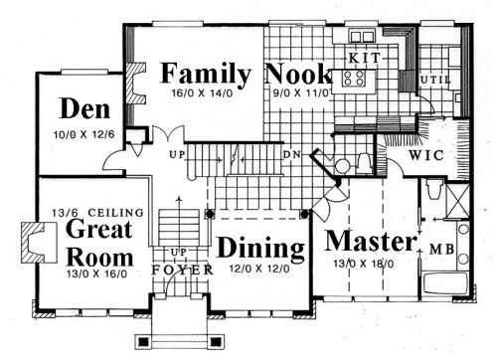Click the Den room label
(x=84, y=108)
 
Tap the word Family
(x=206, y=75)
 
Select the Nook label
(x=298, y=74)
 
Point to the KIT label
(x=364, y=58)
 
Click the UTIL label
(x=435, y=80)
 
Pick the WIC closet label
(x=426, y=155)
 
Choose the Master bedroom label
(x=371, y=241)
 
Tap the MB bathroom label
(x=442, y=250)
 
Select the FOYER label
(x=183, y=270)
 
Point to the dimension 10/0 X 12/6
(x=84, y=134)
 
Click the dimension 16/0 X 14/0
(x=202, y=92)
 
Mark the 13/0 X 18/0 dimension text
(x=364, y=264)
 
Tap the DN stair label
(x=292, y=154)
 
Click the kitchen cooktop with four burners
(x=354, y=78)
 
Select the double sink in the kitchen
(x=362, y=36)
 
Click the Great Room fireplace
(x=39, y=243)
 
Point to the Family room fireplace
(x=135, y=84)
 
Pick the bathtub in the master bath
(x=445, y=282)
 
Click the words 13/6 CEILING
(x=98, y=213)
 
